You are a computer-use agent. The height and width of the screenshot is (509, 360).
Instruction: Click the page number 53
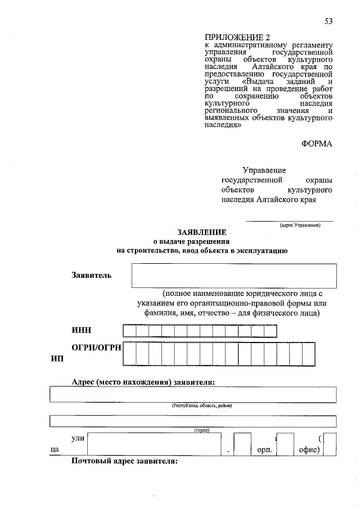328,21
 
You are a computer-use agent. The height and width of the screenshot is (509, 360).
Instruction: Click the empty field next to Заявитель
233,276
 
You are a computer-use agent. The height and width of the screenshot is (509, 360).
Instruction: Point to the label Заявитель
91,275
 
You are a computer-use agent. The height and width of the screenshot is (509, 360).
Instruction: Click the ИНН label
81,330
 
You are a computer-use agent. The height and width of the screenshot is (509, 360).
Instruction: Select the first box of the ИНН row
129,331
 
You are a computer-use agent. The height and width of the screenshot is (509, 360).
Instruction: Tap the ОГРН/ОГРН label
96,348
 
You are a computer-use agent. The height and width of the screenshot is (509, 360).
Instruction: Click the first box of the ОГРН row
129,354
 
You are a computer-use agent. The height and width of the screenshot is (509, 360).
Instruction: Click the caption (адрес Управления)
300,224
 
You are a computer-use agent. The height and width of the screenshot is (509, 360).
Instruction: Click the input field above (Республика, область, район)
192,394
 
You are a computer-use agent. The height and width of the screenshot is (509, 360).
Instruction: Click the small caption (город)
201,430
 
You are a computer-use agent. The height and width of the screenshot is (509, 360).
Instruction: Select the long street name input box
154,445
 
